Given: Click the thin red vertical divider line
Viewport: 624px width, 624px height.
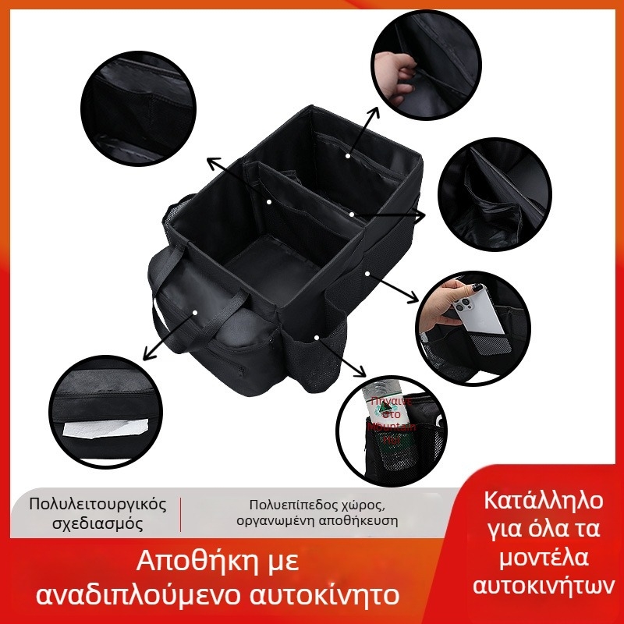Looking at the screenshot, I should [181, 513].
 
